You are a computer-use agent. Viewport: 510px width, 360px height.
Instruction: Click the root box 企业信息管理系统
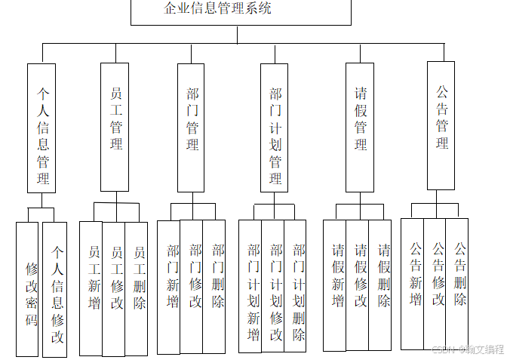241,11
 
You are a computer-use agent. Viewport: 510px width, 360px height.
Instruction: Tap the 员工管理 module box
115,126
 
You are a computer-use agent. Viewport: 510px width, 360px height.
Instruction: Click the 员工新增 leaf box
91,288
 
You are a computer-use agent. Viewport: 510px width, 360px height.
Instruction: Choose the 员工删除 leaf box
137,288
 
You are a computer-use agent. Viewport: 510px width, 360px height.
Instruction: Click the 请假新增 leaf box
335,285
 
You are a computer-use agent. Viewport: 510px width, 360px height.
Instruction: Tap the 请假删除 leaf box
380,285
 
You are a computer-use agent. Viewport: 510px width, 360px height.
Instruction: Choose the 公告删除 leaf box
457,284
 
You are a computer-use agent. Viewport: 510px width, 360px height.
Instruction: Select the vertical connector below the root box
237,35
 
